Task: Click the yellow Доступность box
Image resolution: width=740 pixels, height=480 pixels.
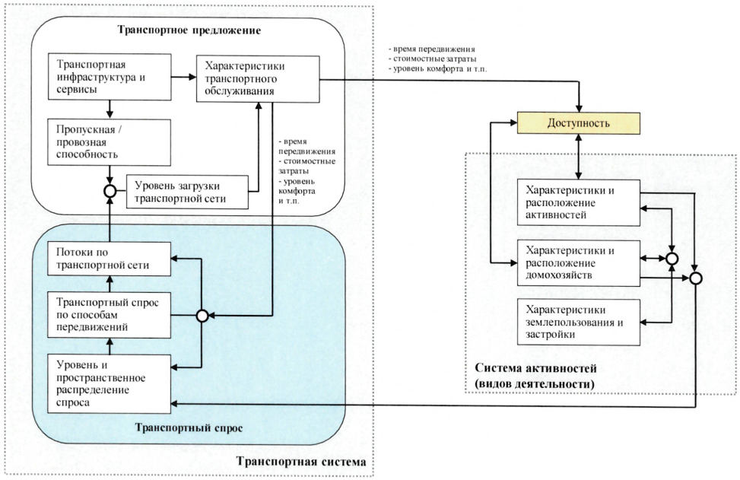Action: pos(579,123)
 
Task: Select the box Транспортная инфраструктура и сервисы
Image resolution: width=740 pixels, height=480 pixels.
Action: pos(110,77)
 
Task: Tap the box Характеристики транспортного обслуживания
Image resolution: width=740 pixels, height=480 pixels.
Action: pos(258,79)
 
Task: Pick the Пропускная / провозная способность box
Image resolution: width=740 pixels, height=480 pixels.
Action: pos(110,142)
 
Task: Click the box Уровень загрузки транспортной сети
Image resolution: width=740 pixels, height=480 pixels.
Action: pos(187,192)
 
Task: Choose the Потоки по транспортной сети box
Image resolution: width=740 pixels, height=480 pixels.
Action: pos(110,259)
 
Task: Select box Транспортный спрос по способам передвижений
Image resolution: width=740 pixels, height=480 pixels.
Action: pos(110,315)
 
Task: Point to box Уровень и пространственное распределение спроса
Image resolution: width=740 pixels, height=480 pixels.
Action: pos(110,383)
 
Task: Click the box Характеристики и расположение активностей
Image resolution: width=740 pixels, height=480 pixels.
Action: pos(579,203)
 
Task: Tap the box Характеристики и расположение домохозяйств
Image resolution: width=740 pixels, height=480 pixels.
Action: pos(579,263)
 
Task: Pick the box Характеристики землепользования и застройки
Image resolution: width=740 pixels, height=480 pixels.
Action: pos(579,322)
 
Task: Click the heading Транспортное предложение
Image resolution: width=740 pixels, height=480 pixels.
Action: pos(189,30)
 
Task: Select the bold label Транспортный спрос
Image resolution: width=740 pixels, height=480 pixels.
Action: pos(189,428)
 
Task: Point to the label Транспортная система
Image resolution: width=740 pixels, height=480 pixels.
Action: pos(301,462)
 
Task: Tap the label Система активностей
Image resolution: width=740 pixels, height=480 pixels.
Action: pos(535,368)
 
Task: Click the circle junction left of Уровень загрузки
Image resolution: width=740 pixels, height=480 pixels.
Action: pos(110,191)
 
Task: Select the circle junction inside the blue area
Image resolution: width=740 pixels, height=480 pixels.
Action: pos(202,316)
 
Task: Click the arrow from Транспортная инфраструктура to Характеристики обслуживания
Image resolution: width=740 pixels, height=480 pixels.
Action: pos(183,77)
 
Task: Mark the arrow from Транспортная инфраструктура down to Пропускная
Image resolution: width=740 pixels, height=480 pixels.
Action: pos(110,110)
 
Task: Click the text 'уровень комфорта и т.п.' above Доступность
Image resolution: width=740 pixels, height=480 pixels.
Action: pos(438,69)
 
